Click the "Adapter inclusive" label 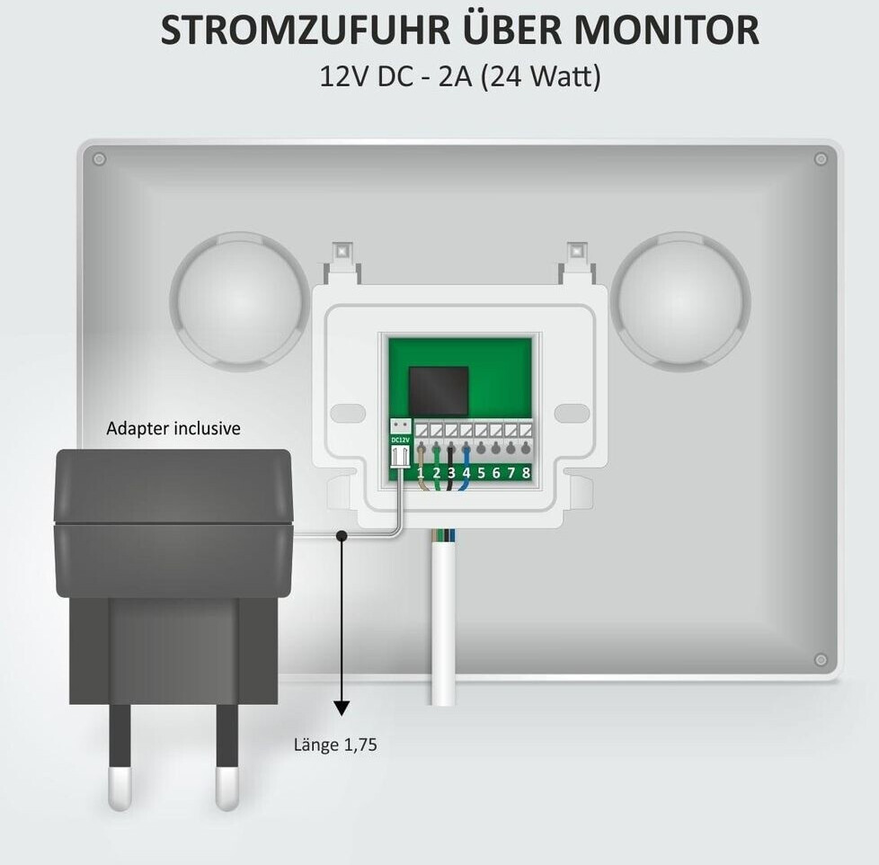click(x=173, y=428)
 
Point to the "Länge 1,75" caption click(x=335, y=745)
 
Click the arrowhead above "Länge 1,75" click(x=342, y=707)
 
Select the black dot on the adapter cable click(x=342, y=537)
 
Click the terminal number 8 click(x=525, y=472)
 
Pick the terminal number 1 click(x=420, y=472)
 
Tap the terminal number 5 click(x=481, y=472)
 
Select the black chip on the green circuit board click(x=439, y=390)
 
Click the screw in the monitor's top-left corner click(x=99, y=159)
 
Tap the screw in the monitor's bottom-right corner click(x=820, y=660)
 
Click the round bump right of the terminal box click(x=681, y=299)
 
